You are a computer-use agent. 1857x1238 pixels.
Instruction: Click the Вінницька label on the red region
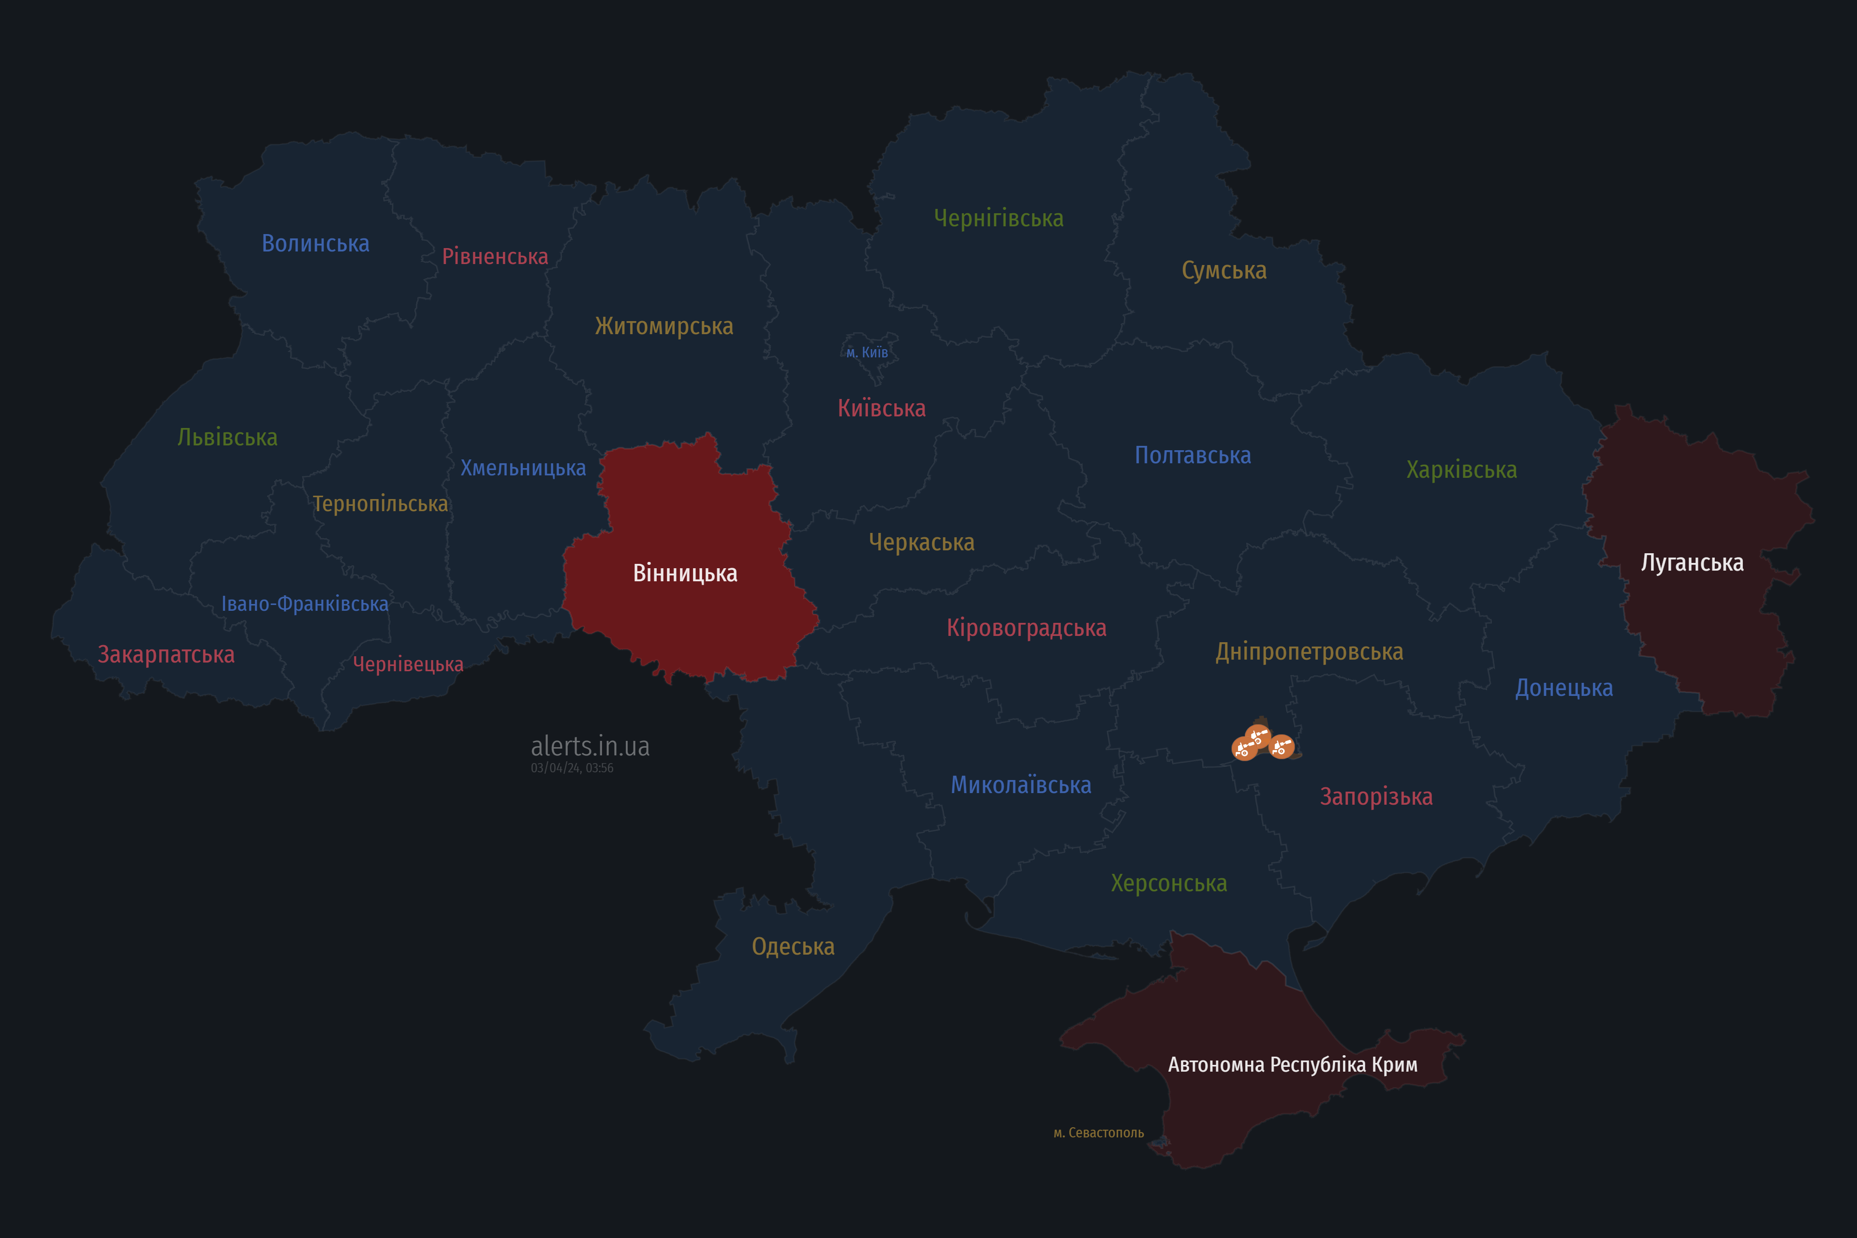click(x=685, y=573)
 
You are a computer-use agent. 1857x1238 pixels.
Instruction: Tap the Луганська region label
click(x=1692, y=563)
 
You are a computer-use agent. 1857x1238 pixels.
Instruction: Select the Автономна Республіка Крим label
click(x=1293, y=1065)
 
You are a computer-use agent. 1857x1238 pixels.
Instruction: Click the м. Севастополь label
click(x=1098, y=1133)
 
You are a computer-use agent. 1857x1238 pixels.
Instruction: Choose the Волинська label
click(x=315, y=243)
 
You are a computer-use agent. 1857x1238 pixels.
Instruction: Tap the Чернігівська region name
click(x=998, y=218)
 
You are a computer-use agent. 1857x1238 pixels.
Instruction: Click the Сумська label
click(x=1224, y=271)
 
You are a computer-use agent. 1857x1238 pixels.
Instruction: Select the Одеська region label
click(x=793, y=947)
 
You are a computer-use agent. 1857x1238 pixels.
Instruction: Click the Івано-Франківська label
click(x=305, y=604)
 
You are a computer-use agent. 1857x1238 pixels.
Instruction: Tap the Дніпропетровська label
click(x=1309, y=652)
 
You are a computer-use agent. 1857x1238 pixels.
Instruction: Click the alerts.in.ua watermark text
click(x=590, y=746)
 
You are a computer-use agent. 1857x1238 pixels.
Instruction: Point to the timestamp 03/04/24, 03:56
click(x=572, y=768)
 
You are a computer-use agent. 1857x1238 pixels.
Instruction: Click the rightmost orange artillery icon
click(x=1282, y=746)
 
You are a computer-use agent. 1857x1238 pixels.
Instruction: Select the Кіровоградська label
click(x=1026, y=629)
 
